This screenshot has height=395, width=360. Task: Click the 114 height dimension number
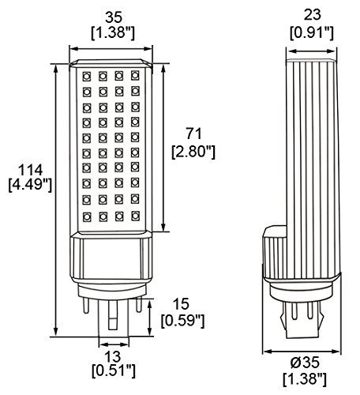click(30, 170)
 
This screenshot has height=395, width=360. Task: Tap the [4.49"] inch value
click(30, 185)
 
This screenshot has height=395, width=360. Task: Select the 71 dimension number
click(193, 134)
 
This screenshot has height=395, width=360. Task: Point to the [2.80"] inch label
click(193, 152)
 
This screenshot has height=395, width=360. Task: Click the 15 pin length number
click(181, 303)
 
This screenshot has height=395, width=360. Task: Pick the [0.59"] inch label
click(182, 321)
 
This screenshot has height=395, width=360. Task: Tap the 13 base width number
click(113, 356)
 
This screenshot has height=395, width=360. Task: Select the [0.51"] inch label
click(114, 371)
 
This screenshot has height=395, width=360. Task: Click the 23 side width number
click(313, 15)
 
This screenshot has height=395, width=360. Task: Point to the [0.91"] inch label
click(312, 32)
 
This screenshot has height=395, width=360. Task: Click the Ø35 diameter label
click(305, 362)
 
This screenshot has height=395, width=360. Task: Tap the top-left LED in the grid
click(86, 77)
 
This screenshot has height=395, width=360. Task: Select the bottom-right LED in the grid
click(135, 216)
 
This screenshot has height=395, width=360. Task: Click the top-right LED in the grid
click(135, 75)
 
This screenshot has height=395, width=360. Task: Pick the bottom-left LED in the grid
click(86, 216)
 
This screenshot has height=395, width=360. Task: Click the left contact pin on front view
click(86, 304)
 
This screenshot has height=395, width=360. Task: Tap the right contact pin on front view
click(138, 304)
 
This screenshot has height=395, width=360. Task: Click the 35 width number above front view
click(114, 17)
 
